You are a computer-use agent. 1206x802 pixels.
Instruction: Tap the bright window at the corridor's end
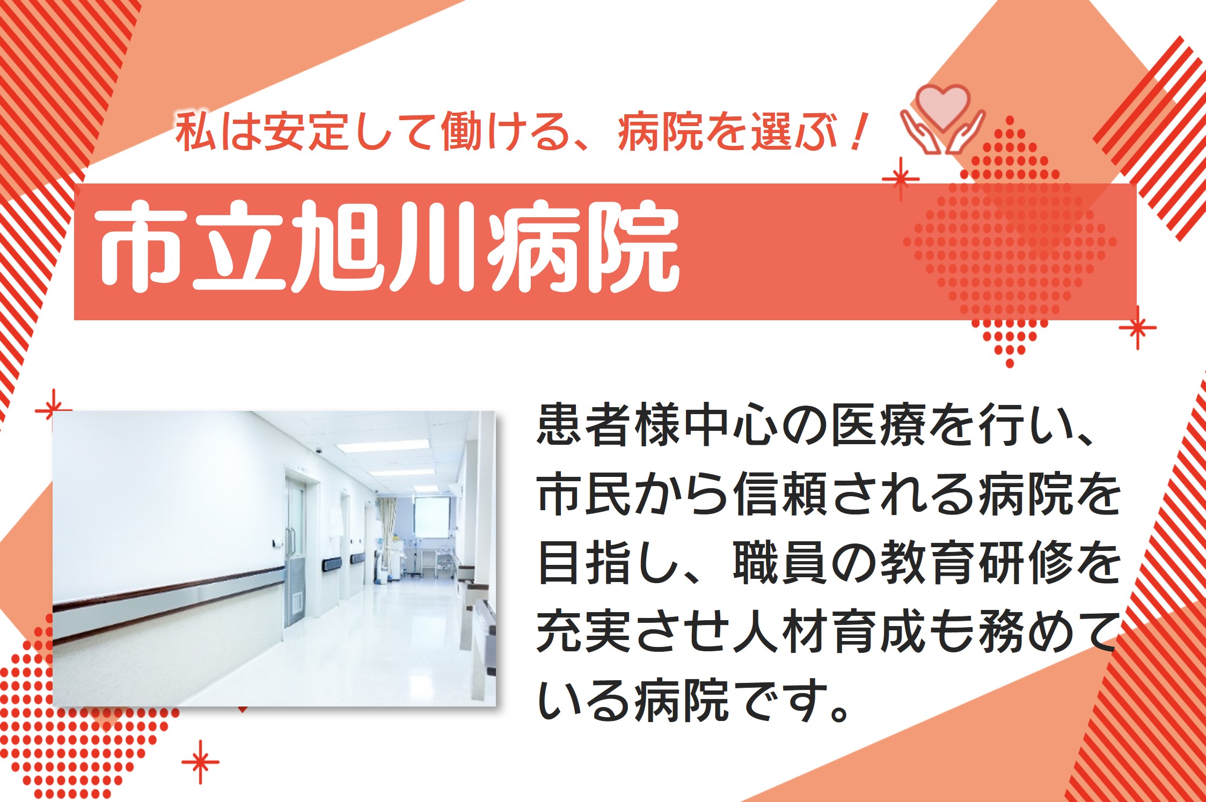click(431, 518)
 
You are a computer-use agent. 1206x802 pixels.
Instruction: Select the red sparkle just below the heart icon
click(901, 179)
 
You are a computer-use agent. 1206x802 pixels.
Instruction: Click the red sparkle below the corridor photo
click(201, 762)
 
